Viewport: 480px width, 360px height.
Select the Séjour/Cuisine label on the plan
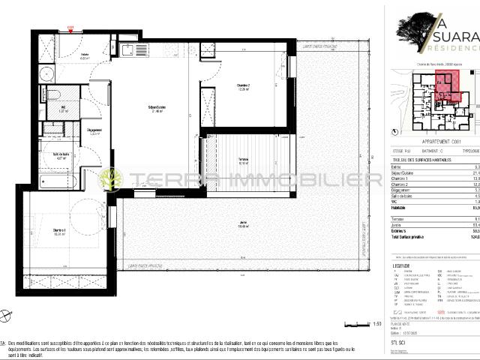[156, 109]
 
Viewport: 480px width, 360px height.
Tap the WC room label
[64, 108]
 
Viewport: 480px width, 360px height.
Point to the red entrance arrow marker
[70, 30]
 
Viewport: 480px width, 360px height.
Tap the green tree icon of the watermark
[112, 179]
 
